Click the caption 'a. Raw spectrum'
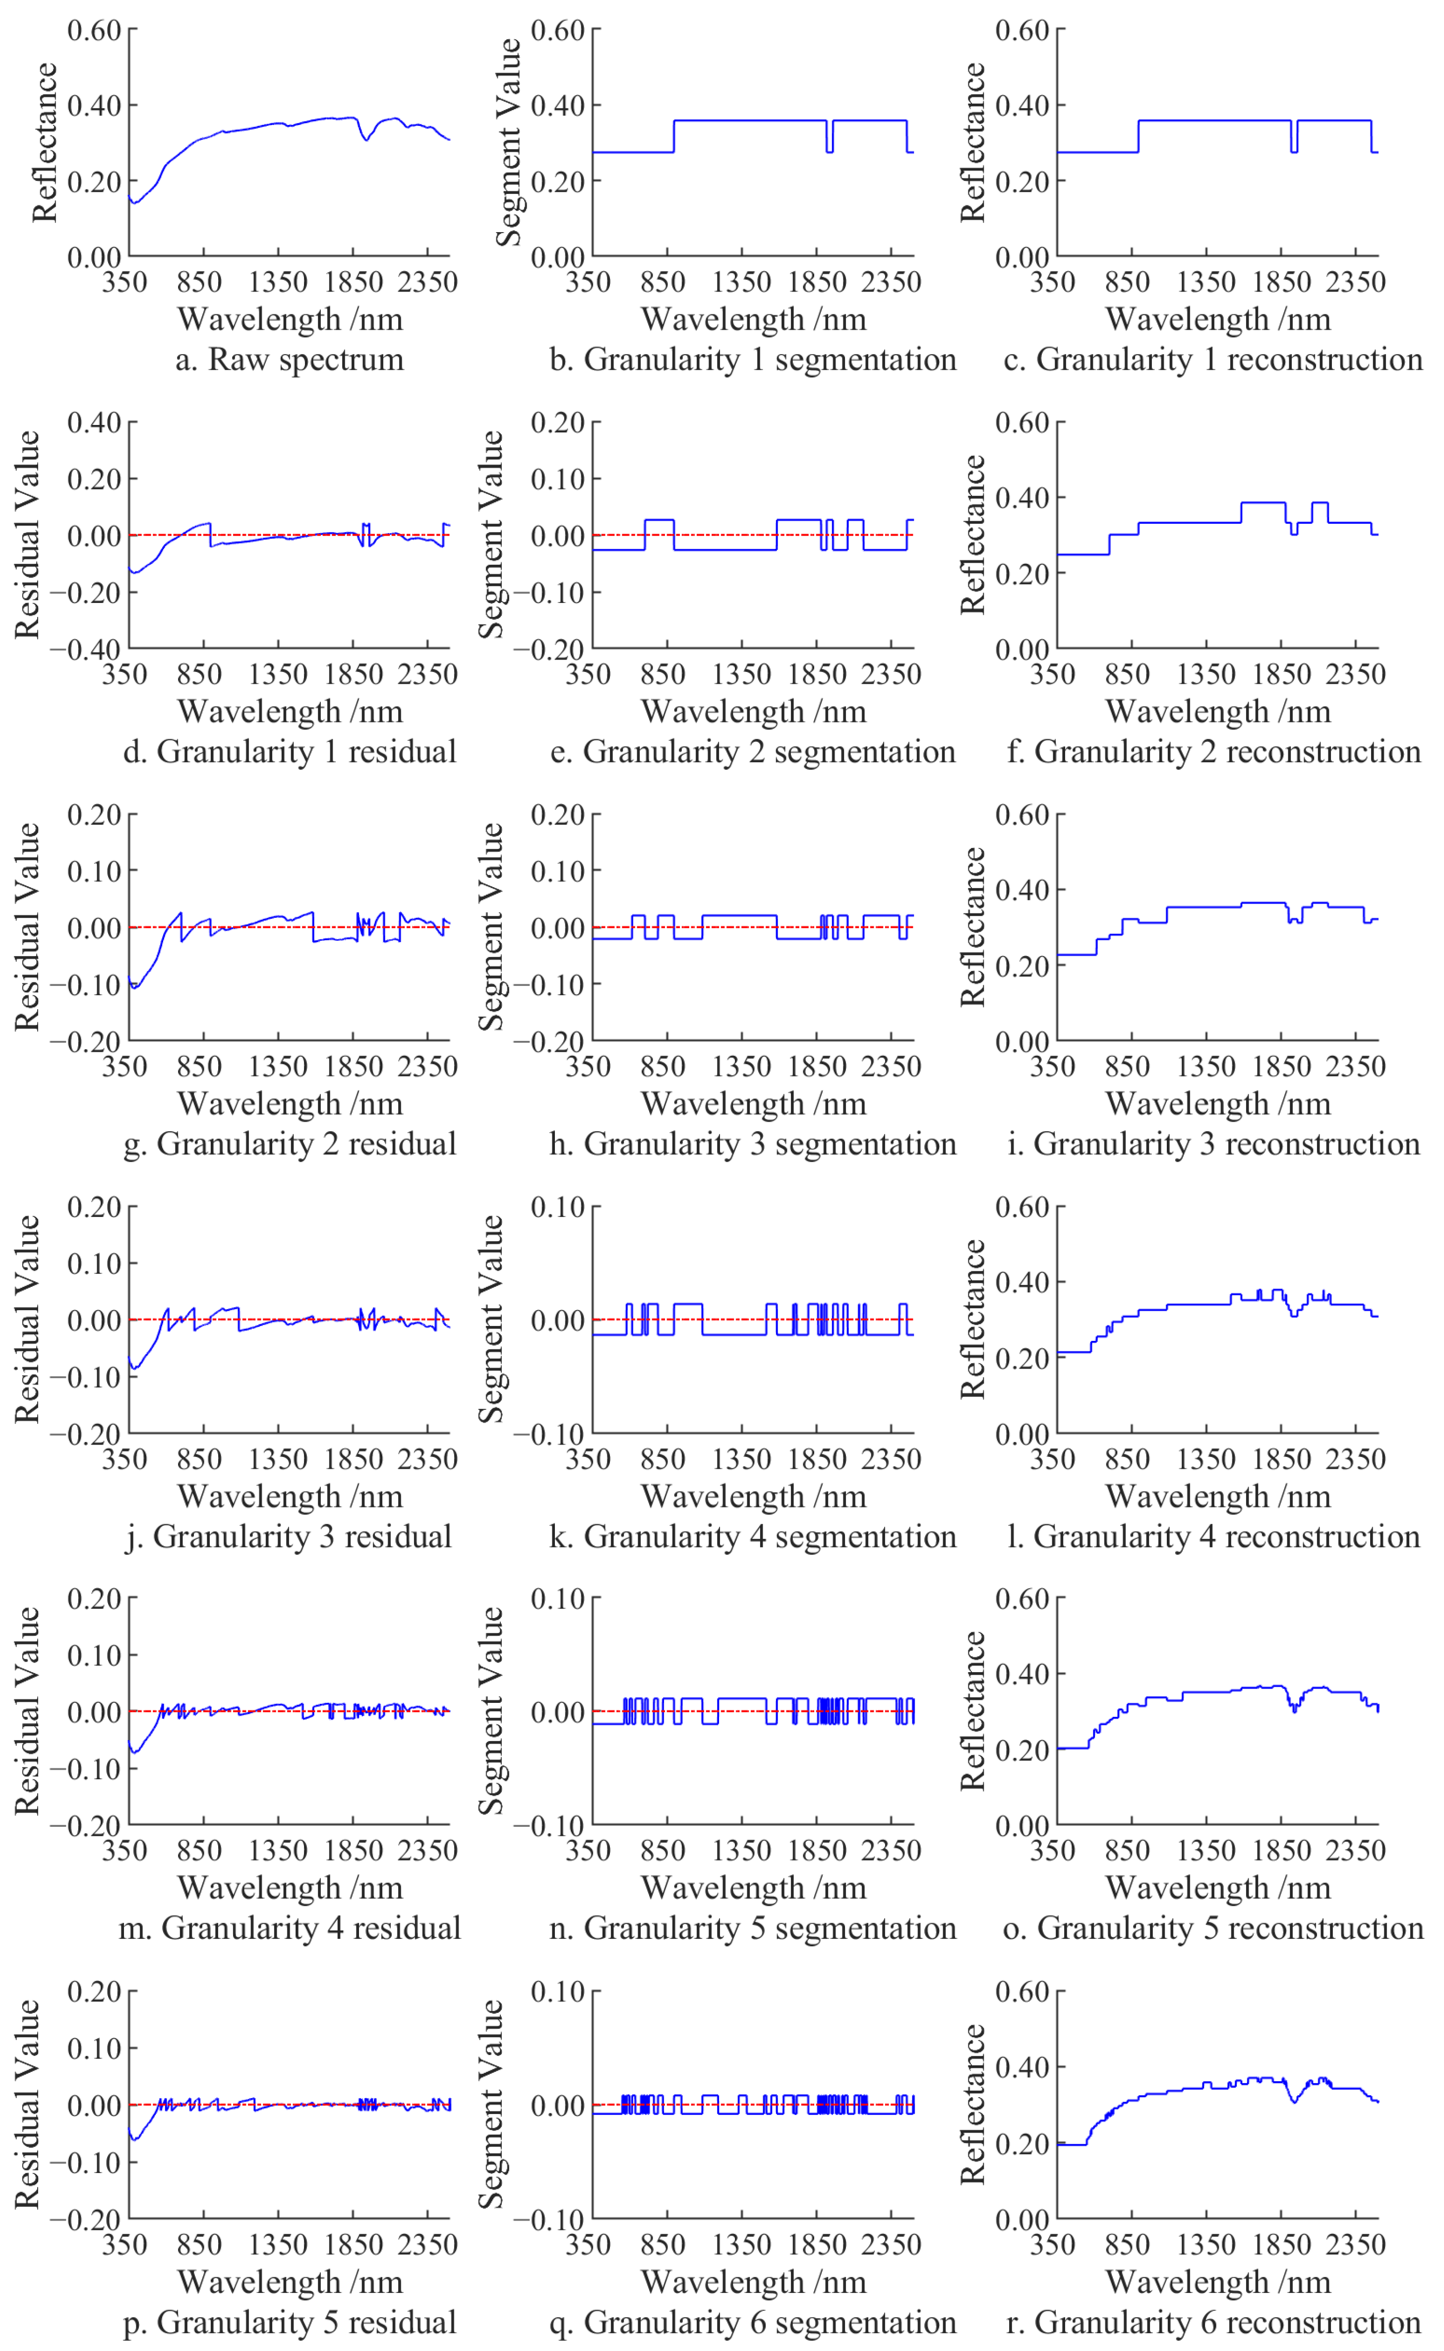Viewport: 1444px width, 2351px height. click(x=290, y=360)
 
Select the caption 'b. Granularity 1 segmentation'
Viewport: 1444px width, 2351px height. click(x=753, y=360)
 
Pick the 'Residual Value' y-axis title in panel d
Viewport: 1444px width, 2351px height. click(x=27, y=535)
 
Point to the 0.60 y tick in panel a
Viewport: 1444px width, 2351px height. click(x=94, y=31)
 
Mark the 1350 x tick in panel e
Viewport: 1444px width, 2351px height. click(x=742, y=674)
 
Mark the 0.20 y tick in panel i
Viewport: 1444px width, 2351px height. click(x=1022, y=965)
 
